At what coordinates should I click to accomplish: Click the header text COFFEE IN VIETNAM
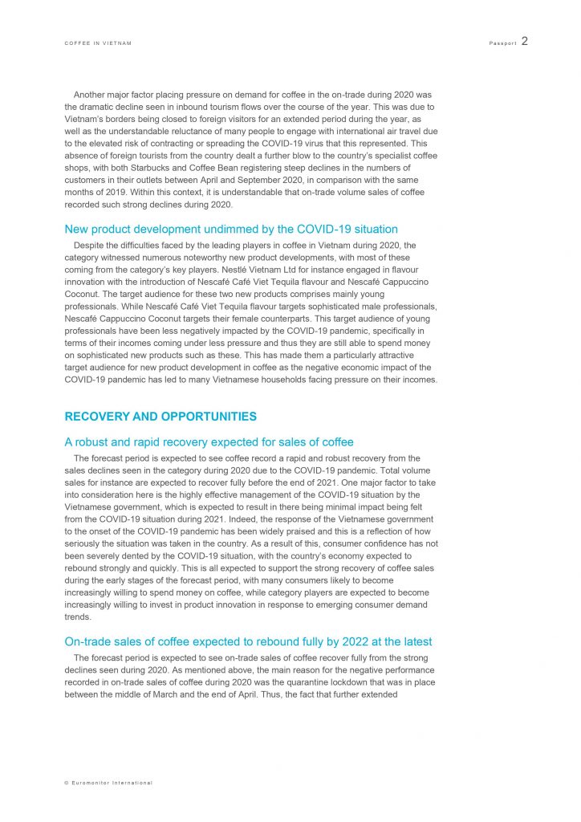click(x=98, y=43)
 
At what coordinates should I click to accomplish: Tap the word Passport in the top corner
click(x=502, y=43)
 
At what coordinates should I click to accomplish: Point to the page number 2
click(x=524, y=41)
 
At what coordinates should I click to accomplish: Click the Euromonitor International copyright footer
click(x=108, y=783)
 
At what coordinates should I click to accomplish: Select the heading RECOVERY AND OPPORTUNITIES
click(x=160, y=417)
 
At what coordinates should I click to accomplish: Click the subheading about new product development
click(x=231, y=230)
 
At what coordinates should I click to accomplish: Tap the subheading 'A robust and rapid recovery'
click(x=209, y=442)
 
